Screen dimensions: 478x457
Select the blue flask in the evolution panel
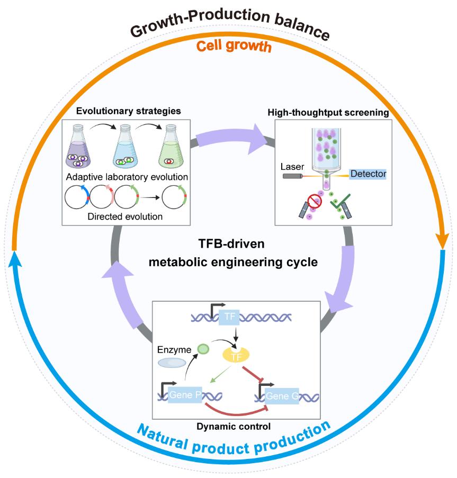tap(126, 150)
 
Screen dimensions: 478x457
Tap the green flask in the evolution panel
tap(171, 150)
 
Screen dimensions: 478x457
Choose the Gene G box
tap(278, 395)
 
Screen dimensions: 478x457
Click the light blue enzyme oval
tap(172, 363)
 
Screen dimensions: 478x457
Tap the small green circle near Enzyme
tap(203, 349)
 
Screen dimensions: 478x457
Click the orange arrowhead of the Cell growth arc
tap(444, 241)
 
